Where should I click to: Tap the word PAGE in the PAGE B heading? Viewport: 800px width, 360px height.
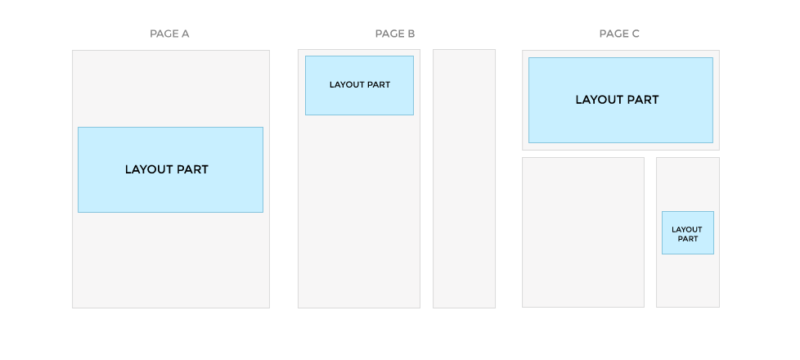(388, 34)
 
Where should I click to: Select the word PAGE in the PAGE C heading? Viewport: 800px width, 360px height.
(612, 34)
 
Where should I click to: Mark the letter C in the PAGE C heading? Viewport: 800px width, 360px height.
(635, 34)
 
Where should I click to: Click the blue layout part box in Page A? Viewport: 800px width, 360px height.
(170, 169)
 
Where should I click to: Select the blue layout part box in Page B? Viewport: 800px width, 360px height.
(359, 85)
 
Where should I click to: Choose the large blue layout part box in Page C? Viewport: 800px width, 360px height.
(620, 100)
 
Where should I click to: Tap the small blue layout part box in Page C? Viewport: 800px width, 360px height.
(688, 233)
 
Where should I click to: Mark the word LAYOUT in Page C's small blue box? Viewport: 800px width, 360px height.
(687, 230)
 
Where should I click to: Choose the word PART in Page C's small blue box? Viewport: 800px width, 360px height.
(688, 239)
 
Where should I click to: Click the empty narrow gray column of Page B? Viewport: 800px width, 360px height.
(465, 178)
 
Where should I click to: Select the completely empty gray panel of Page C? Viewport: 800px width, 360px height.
(583, 232)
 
